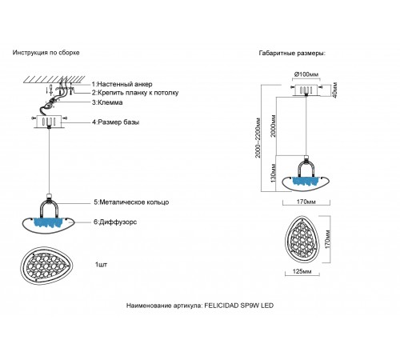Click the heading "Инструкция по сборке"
(x=46, y=53)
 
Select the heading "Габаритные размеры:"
(x=292, y=53)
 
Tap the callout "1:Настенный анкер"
(x=122, y=84)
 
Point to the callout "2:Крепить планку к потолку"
(x=135, y=93)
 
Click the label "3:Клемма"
(x=107, y=102)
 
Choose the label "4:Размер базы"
(x=115, y=122)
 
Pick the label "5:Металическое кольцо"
(x=131, y=202)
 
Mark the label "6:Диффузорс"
(x=115, y=222)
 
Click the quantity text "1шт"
(x=101, y=265)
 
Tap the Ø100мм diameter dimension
(x=306, y=74)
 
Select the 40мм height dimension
(x=335, y=90)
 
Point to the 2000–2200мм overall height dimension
(x=258, y=138)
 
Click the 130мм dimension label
(x=274, y=174)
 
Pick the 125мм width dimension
(x=302, y=271)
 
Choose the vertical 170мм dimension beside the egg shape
(x=327, y=239)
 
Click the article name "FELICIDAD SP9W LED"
(x=239, y=306)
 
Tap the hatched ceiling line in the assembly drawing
(x=54, y=80)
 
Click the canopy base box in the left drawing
(x=49, y=122)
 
